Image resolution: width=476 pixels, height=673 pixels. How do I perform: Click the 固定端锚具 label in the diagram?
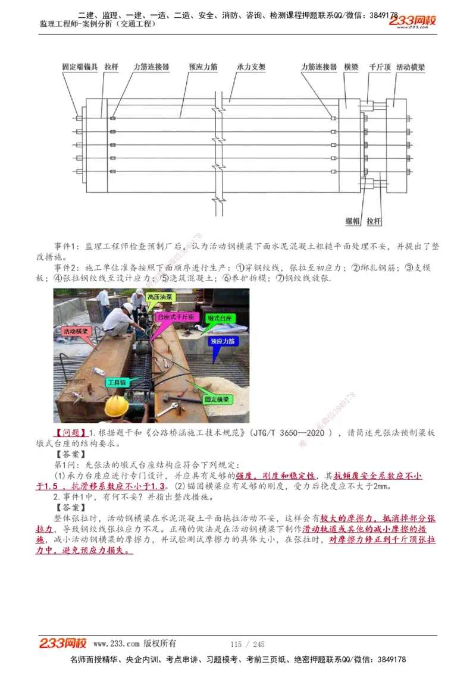click(x=80, y=67)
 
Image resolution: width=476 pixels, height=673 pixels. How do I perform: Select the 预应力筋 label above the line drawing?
click(x=203, y=67)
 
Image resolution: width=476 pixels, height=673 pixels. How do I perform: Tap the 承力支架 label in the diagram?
click(x=250, y=67)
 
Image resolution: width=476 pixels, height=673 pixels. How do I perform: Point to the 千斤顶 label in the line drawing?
click(x=380, y=67)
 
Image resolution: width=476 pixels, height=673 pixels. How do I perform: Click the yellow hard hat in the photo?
click(x=117, y=405)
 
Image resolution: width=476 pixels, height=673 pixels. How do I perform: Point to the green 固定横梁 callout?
click(x=218, y=400)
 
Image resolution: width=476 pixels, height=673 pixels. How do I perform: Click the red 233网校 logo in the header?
click(x=412, y=21)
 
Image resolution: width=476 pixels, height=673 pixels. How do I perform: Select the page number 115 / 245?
click(x=247, y=644)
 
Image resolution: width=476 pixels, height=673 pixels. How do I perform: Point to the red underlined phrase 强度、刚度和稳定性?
click(x=275, y=476)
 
